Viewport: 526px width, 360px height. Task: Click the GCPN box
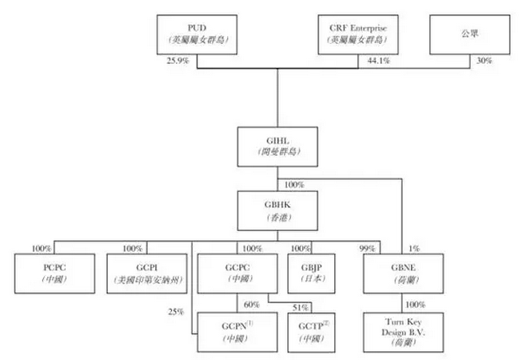pyautogui.click(x=237, y=330)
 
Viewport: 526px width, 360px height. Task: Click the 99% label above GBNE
pyautogui.click(x=368, y=250)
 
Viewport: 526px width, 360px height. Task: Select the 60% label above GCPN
pyautogui.click(x=252, y=306)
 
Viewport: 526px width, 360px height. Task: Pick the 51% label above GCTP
pyautogui.click(x=301, y=308)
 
